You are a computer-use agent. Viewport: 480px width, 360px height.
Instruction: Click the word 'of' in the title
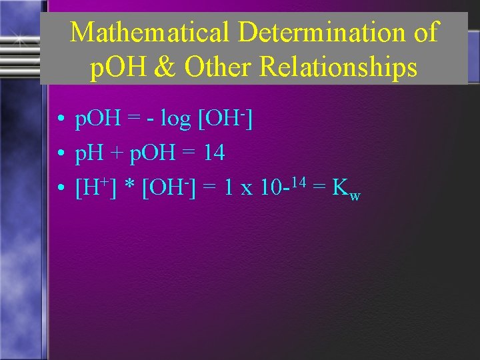[x=424, y=32]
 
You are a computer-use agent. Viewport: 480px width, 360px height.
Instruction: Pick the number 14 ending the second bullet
[x=213, y=154]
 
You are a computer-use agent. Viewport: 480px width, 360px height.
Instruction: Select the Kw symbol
[x=346, y=190]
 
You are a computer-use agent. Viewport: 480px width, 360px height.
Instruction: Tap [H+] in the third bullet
[x=97, y=188]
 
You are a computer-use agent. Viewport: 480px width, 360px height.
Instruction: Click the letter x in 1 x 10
[x=247, y=189]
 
